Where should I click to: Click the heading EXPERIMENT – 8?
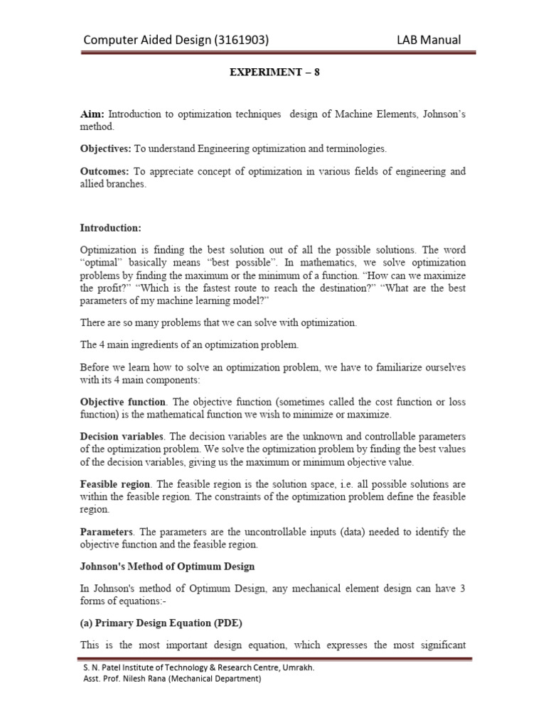click(x=273, y=72)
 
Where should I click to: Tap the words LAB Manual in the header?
click(x=429, y=40)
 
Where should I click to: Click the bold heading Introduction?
click(x=110, y=228)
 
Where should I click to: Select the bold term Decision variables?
click(x=122, y=436)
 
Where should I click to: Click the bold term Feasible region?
click(x=114, y=483)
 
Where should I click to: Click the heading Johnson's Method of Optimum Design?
click(x=167, y=566)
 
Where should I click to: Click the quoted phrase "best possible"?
click(x=220, y=263)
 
